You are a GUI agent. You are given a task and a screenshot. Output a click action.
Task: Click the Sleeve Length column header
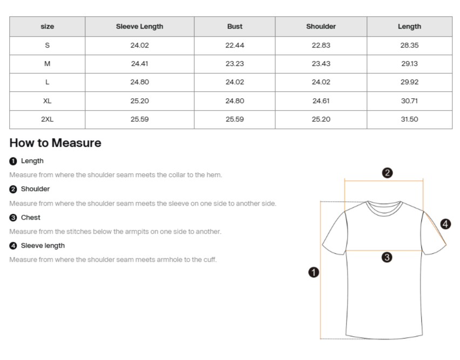(139, 26)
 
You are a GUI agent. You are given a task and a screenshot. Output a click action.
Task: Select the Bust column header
(234, 26)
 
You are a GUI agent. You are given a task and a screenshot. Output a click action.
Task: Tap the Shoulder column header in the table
(321, 26)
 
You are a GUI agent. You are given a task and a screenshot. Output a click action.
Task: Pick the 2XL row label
(48, 119)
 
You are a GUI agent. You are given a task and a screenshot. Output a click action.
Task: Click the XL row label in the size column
(48, 101)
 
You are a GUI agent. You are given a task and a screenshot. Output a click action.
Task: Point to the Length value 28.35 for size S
(409, 45)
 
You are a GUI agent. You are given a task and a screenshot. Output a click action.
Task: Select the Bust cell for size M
(234, 64)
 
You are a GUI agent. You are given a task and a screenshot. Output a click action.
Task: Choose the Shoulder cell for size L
(321, 82)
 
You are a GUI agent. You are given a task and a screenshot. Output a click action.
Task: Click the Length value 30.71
(409, 101)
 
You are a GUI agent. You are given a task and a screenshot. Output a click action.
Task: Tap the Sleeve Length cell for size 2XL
(139, 119)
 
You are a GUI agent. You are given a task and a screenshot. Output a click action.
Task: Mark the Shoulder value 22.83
(321, 45)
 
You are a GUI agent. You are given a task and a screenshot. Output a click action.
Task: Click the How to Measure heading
(55, 143)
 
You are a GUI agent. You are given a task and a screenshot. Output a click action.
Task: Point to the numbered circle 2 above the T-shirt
(387, 173)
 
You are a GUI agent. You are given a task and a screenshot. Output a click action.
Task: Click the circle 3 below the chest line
(387, 257)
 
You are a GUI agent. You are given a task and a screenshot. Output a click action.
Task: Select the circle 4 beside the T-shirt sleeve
(445, 223)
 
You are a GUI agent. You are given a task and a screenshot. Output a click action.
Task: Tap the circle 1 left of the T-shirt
(313, 272)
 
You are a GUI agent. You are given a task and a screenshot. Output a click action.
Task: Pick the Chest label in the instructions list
(30, 218)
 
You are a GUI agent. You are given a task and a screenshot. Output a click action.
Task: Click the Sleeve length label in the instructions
(43, 246)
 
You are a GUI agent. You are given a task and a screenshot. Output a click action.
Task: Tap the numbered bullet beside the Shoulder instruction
(13, 189)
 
